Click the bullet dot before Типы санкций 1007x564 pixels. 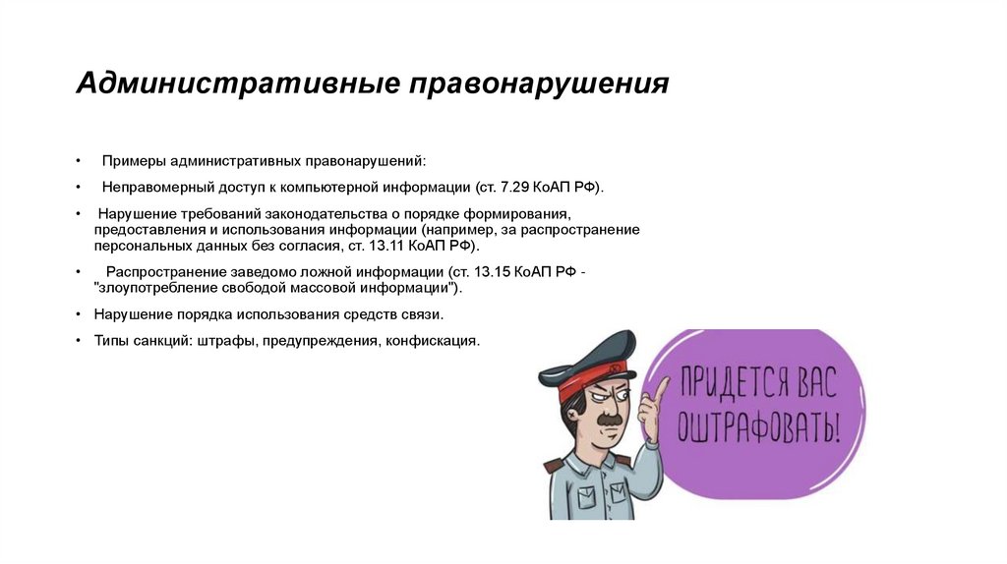[78, 341]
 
